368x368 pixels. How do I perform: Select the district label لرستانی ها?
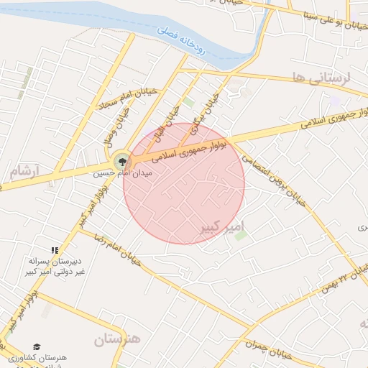[x=330, y=78]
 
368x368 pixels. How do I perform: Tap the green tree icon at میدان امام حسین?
[x=121, y=162]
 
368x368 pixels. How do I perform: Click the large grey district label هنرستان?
[x=117, y=338]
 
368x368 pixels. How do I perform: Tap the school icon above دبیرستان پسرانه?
[x=55, y=249]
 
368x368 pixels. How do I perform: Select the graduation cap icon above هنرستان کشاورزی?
[x=37, y=346]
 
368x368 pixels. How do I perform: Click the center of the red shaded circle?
[x=184, y=183]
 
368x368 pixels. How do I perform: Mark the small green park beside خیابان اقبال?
[x=188, y=102]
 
